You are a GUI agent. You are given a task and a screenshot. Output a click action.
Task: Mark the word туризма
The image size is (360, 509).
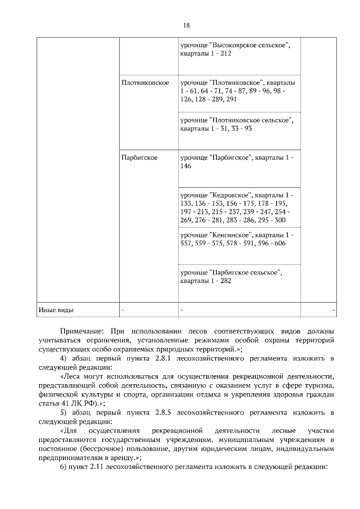(321, 385)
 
